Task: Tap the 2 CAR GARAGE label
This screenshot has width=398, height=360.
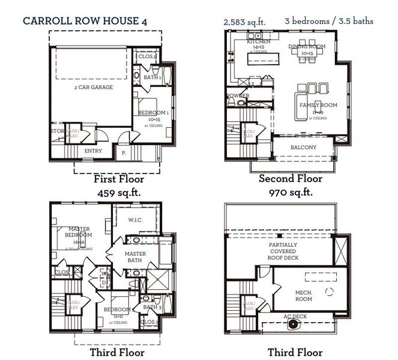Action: [93, 88]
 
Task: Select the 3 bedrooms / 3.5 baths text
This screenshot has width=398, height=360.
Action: [329, 21]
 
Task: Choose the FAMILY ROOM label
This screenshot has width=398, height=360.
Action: [318, 106]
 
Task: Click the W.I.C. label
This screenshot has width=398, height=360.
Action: [136, 220]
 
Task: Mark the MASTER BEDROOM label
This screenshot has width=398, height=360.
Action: [79, 232]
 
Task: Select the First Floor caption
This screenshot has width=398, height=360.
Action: [119, 179]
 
